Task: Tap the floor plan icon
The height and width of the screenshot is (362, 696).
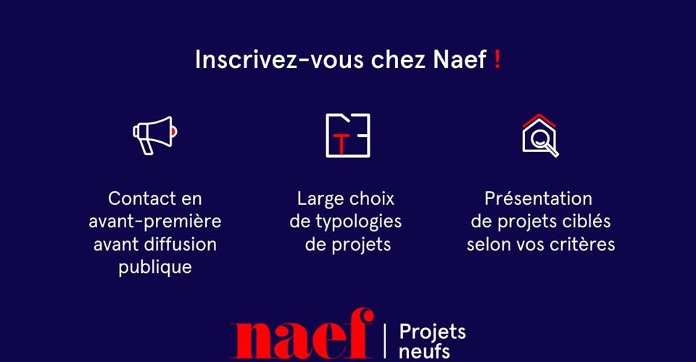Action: point(347,135)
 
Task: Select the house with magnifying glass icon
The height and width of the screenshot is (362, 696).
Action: point(540,135)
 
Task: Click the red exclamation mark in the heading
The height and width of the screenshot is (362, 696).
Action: point(497,59)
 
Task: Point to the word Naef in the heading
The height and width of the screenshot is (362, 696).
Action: point(460,59)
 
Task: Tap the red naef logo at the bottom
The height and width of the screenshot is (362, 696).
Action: point(302,333)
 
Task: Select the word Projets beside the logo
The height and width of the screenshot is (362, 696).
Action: point(432,332)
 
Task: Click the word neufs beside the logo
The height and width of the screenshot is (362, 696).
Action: point(424,351)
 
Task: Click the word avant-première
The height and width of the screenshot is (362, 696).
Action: point(155,222)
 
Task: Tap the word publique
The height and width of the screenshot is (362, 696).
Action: point(155,268)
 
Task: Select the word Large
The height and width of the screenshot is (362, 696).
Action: point(321,199)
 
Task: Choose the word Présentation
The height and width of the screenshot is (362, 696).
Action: point(539,198)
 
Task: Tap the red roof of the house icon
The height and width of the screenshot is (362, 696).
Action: point(539,120)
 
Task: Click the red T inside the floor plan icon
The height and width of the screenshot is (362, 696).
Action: point(341,143)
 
